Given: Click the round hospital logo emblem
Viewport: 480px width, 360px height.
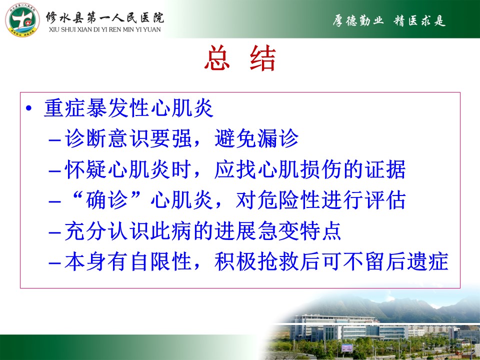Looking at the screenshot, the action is pyautogui.click(x=22, y=20).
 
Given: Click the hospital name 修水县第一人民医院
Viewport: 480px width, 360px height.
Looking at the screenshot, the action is pyautogui.click(x=105, y=18).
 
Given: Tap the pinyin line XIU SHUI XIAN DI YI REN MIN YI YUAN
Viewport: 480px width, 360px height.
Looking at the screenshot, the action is pyautogui.click(x=104, y=29).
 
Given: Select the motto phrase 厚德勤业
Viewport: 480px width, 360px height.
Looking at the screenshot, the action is pyautogui.click(x=358, y=21).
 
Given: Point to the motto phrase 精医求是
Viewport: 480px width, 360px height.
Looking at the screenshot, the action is pyautogui.click(x=419, y=21).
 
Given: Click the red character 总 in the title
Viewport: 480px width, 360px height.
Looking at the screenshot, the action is pyautogui.click(x=217, y=58).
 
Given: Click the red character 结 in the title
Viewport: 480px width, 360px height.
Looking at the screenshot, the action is pyautogui.click(x=263, y=58).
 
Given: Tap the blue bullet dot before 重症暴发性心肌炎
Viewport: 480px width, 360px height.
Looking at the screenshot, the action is pyautogui.click(x=29, y=108).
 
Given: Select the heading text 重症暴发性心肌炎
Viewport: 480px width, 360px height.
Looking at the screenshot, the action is pyautogui.click(x=128, y=108).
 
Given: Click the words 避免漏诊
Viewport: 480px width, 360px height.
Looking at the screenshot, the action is pyautogui.click(x=256, y=138).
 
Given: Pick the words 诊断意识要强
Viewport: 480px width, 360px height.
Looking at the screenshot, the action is pyautogui.click(x=128, y=138).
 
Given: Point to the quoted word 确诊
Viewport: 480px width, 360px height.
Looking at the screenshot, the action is pyautogui.click(x=107, y=200).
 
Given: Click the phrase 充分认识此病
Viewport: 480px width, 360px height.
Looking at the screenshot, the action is pyautogui.click(x=128, y=231).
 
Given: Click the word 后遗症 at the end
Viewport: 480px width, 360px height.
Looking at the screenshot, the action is pyautogui.click(x=417, y=261).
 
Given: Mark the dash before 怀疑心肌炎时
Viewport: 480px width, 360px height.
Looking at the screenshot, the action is pyautogui.click(x=55, y=171).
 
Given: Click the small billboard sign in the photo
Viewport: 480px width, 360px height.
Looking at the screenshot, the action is pyautogui.click(x=347, y=348).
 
